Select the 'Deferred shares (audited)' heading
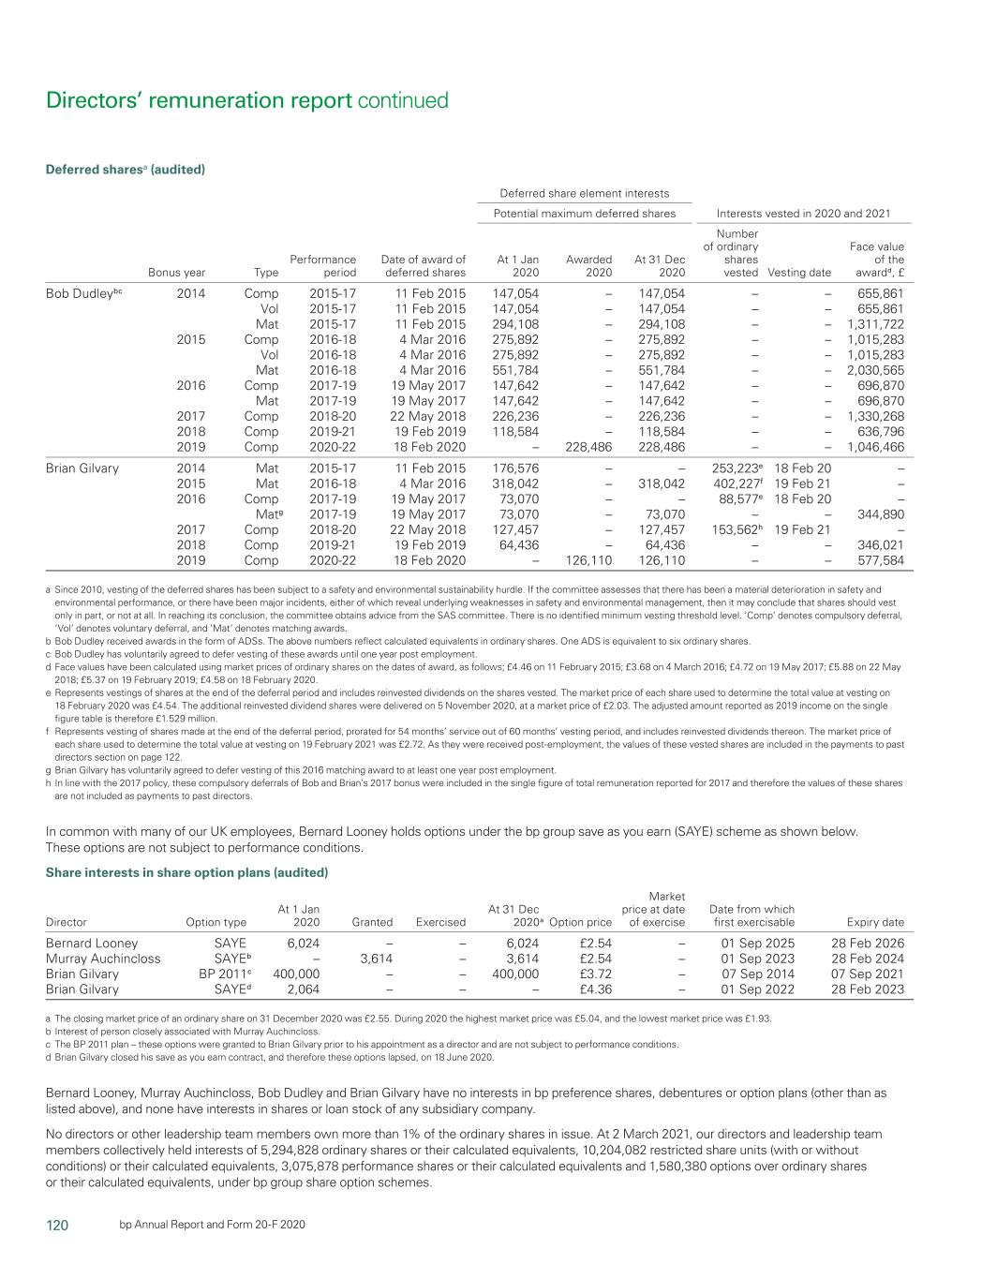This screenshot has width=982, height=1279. coord(126,170)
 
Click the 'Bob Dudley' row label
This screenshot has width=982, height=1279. coord(84,293)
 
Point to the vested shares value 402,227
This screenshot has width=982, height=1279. coord(735,483)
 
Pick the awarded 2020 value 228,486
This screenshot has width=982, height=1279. coord(588,447)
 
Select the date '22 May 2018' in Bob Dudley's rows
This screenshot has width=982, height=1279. coord(427,416)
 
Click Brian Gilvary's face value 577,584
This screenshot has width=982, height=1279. coord(881,560)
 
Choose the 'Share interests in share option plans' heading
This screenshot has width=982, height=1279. coord(186,872)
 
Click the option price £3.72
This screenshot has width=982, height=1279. coord(596,974)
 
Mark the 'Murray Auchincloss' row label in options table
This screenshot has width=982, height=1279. coord(103,959)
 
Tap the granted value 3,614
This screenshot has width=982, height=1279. coord(376,959)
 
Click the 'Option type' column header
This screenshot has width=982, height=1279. coord(216,922)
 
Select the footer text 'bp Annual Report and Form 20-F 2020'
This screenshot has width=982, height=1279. coord(212,1226)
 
